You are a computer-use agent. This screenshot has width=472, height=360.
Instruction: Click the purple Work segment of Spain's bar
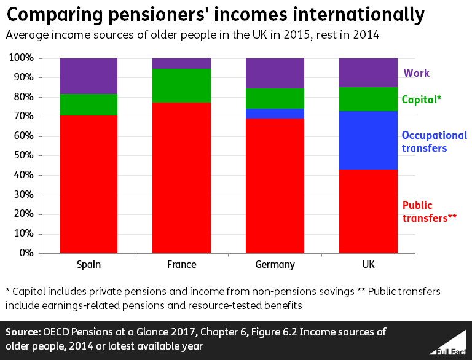pyautogui.click(x=88, y=76)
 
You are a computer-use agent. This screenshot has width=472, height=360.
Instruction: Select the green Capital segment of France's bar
pyautogui.click(x=181, y=85)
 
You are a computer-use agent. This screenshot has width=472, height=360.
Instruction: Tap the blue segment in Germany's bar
pyautogui.click(x=275, y=114)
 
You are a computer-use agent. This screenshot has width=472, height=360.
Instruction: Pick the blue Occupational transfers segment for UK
pyautogui.click(x=368, y=140)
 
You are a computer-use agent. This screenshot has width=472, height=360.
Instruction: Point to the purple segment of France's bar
pyautogui.click(x=181, y=63)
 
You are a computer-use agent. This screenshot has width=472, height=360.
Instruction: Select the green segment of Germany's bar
pyautogui.click(x=275, y=98)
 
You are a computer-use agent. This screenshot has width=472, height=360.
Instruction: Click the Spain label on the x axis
pyautogui.click(x=88, y=265)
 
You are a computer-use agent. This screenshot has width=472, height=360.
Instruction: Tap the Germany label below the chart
pyautogui.click(x=275, y=265)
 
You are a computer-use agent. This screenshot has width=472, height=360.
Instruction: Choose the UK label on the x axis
pyautogui.click(x=368, y=265)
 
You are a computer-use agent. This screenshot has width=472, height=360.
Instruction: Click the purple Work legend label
pyautogui.click(x=416, y=73)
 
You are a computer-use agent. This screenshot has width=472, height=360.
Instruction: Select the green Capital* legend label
pyautogui.click(x=422, y=99)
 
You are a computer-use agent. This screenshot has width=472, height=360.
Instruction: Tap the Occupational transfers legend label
pyautogui.click(x=434, y=141)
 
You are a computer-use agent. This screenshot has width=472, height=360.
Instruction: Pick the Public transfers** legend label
pyautogui.click(x=429, y=211)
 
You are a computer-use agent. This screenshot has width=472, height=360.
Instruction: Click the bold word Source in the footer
pyautogui.click(x=22, y=332)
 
